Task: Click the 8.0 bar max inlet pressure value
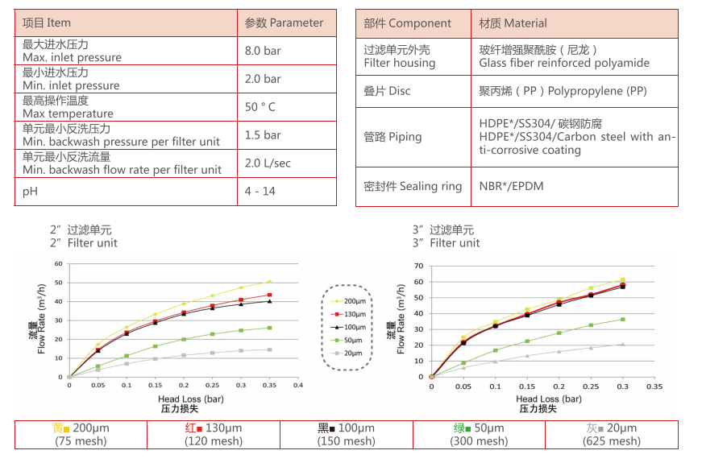[x=263, y=50]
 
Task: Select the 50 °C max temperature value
[x=260, y=107]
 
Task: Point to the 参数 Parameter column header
[x=284, y=23]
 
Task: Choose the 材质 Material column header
[x=513, y=23]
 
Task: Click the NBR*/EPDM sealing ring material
[x=511, y=186]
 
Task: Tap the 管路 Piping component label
[x=393, y=137]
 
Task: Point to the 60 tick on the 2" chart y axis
[x=58, y=264]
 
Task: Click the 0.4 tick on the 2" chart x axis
[x=298, y=386]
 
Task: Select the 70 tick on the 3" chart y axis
[x=417, y=266]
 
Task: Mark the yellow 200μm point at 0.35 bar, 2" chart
[x=269, y=282]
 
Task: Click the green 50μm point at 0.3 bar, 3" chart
[x=621, y=320]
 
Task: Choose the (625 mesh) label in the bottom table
[x=613, y=441]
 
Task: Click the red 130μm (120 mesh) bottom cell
[x=214, y=435]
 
